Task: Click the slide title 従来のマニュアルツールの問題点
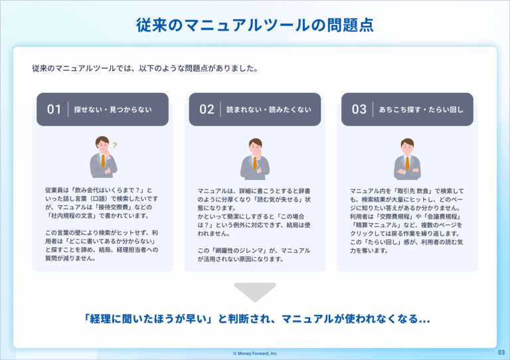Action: coord(255,25)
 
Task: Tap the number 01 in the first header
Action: coord(54,110)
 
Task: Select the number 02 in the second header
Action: coord(207,110)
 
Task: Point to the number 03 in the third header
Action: coord(359,110)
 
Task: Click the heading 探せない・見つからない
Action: coord(113,110)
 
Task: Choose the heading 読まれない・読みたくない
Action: coord(268,110)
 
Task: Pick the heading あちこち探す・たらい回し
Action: coord(421,110)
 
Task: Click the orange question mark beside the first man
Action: coord(114,145)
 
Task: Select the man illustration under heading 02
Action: coord(255,159)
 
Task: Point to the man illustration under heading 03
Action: coord(407,159)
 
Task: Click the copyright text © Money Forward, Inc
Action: coord(255,353)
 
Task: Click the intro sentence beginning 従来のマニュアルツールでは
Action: coord(145,68)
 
